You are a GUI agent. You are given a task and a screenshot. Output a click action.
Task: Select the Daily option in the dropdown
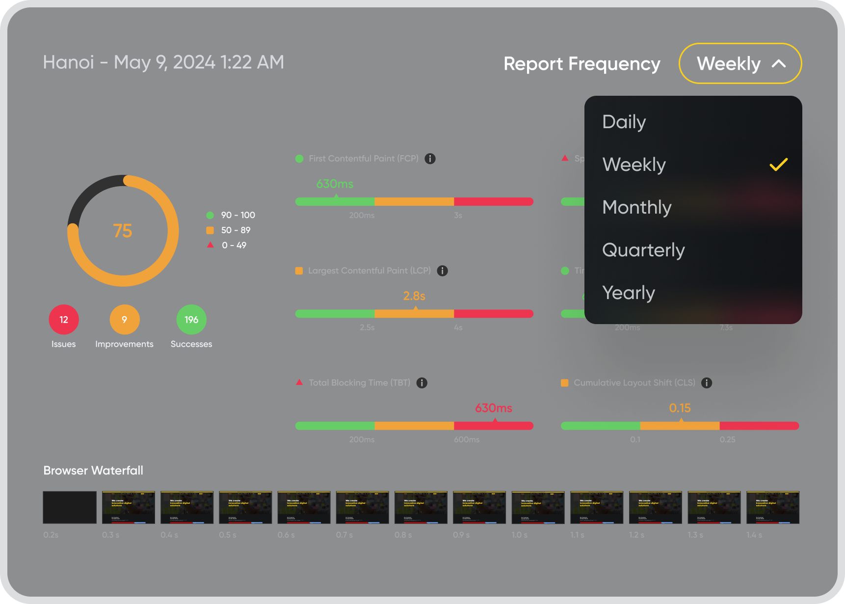624,122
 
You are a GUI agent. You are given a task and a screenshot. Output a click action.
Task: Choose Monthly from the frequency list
636,207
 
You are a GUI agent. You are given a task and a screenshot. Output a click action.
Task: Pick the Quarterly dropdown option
643,250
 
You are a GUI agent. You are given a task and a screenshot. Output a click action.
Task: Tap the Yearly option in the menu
628,293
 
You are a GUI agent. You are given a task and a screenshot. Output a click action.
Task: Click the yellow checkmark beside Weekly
778,165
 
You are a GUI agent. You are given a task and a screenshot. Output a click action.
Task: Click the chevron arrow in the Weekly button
779,64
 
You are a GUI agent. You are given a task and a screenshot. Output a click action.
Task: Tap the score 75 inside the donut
123,231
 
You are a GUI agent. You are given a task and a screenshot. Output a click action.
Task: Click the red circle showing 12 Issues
64,320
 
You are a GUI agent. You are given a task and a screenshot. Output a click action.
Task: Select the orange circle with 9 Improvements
125,320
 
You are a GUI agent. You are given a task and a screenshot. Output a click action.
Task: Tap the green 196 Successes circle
191,320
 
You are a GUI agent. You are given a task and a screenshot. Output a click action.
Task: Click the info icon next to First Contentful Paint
430,159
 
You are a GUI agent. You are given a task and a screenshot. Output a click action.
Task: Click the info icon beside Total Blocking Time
422,383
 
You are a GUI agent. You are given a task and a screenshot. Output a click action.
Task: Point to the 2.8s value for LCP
414,296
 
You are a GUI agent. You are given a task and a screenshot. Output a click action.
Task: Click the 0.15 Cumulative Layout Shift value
680,408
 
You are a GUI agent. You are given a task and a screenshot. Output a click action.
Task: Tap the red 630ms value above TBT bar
493,408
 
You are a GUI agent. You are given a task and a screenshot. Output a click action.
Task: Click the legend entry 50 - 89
236,230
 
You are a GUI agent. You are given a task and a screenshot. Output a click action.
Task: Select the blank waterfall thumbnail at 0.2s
70,507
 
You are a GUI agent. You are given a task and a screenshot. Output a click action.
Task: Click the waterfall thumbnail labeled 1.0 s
538,507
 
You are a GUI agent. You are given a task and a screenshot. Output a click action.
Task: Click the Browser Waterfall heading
93,470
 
